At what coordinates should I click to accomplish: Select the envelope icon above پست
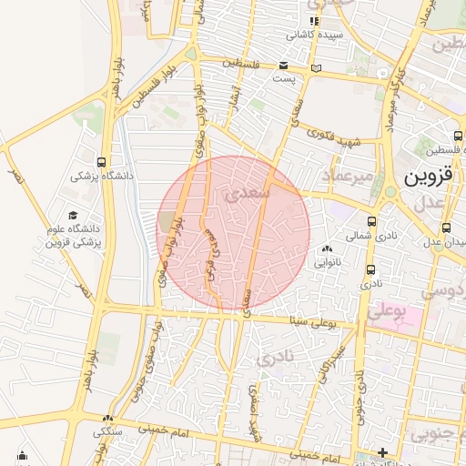click(284, 66)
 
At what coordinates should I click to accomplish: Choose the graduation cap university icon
click(73, 215)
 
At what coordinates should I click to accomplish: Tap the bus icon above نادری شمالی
click(372, 220)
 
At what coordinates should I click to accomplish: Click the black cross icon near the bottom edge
click(383, 452)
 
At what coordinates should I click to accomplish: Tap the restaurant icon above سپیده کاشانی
click(314, 21)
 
